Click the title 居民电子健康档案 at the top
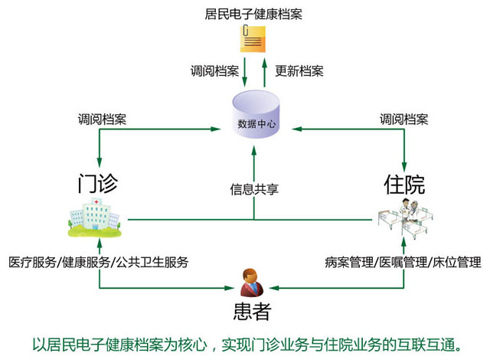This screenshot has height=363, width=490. [253, 12]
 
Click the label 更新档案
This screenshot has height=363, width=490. [299, 71]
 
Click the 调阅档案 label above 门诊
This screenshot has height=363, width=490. [102, 120]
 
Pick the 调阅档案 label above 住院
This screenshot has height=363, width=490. [404, 120]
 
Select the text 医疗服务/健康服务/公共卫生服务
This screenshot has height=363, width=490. [99, 262]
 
